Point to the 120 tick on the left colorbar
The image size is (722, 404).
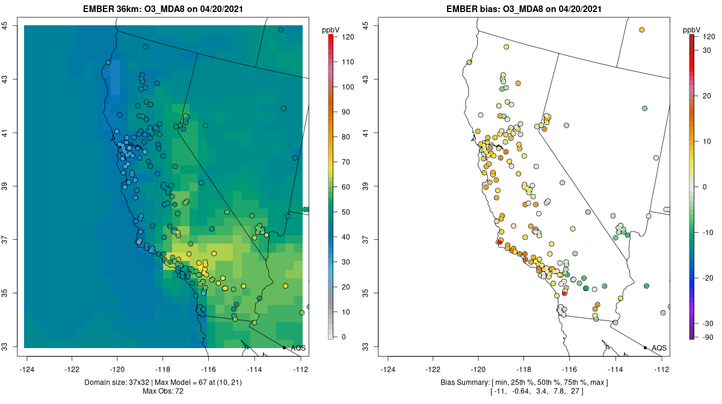[x=347, y=37]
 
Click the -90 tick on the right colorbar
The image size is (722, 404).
[x=708, y=337]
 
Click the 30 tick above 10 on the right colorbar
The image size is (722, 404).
[x=708, y=50]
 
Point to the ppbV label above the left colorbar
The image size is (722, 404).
[x=331, y=29]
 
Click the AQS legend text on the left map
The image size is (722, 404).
[x=298, y=347]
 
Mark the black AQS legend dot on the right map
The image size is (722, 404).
[x=645, y=347]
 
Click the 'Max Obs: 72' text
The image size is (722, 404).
[x=163, y=391]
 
